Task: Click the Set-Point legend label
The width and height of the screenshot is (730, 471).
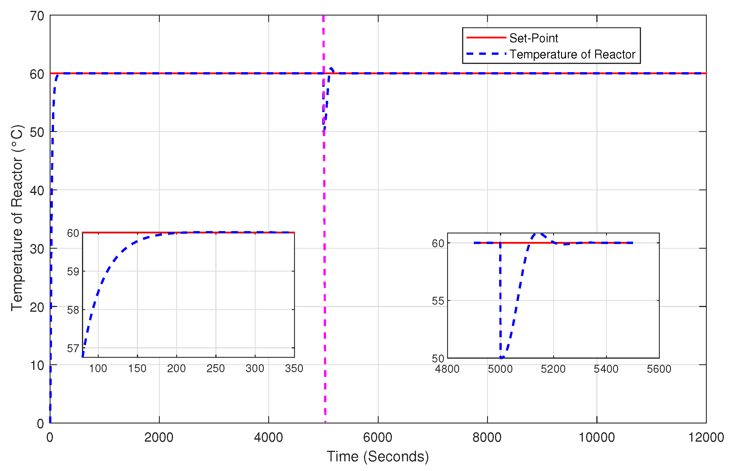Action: pyautogui.click(x=533, y=38)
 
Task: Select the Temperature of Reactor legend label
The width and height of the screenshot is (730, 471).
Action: pyautogui.click(x=572, y=55)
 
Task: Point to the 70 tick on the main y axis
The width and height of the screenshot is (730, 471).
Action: pyautogui.click(x=37, y=16)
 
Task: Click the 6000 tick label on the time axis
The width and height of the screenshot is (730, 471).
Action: pyautogui.click(x=377, y=437)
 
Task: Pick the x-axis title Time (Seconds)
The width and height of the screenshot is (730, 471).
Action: pyautogui.click(x=377, y=456)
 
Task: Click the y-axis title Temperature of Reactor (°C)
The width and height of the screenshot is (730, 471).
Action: pyautogui.click(x=17, y=218)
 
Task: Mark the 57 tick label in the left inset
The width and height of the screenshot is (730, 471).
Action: pyautogui.click(x=73, y=348)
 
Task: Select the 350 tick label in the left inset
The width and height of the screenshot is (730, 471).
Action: pyautogui.click(x=294, y=369)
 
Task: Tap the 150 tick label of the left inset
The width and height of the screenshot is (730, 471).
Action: pyautogui.click(x=137, y=369)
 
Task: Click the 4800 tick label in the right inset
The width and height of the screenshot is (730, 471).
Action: pyautogui.click(x=447, y=369)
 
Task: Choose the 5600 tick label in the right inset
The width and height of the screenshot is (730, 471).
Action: pyautogui.click(x=659, y=369)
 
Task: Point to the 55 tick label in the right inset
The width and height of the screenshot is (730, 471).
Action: pyautogui.click(x=437, y=301)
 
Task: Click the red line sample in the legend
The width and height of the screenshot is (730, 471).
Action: pyautogui.click(x=486, y=38)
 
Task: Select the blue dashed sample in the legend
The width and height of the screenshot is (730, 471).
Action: pyautogui.click(x=486, y=54)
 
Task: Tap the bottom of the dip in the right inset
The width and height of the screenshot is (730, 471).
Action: pyautogui.click(x=501, y=357)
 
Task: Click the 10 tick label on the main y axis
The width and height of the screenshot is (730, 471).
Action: pyautogui.click(x=37, y=365)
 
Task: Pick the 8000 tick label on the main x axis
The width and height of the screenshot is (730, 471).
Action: pyautogui.click(x=487, y=437)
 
